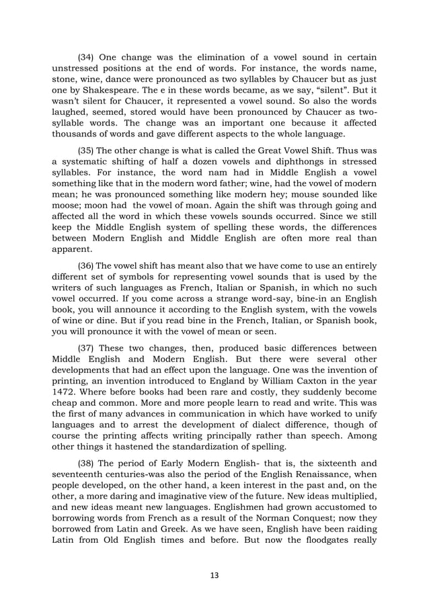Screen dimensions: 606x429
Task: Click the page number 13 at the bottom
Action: click(214, 575)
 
